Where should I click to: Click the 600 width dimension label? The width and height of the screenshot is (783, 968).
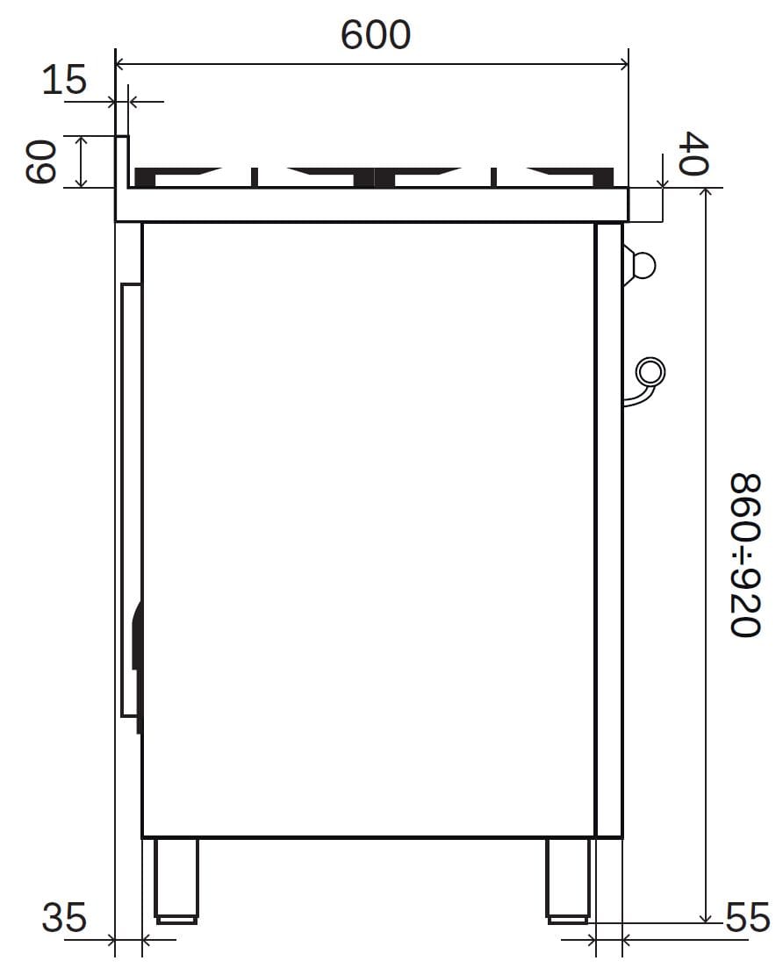[376, 34]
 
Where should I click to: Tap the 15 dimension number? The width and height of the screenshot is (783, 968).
[64, 80]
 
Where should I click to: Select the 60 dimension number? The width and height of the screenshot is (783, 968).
[41, 161]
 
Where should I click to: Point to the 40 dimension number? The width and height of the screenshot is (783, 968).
[693, 153]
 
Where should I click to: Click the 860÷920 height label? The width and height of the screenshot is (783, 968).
[744, 555]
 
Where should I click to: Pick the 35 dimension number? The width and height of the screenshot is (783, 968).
[64, 917]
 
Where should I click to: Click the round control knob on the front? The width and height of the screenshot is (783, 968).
[640, 265]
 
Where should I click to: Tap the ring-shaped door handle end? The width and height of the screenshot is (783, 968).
[650, 373]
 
